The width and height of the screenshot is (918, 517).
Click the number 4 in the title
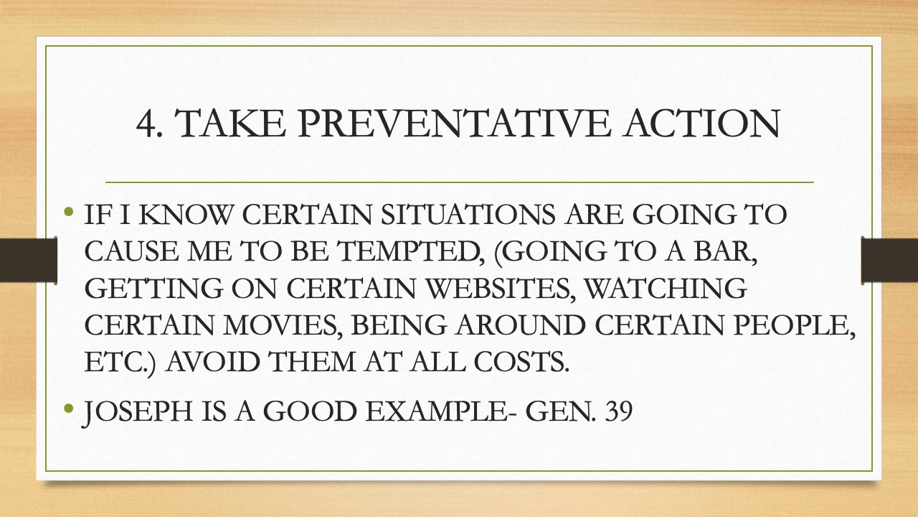point(146,124)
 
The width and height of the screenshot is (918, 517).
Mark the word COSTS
point(521,362)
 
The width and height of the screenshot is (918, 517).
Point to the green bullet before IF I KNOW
point(69,212)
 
